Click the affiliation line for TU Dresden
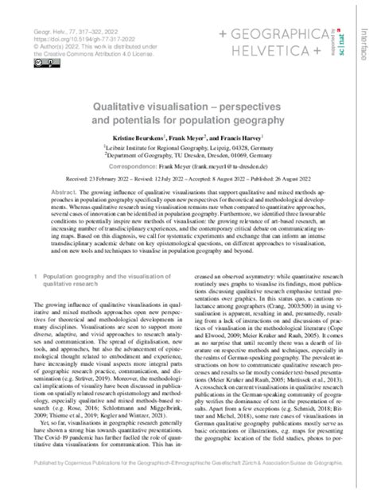(208, 157)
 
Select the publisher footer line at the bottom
(188, 482)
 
